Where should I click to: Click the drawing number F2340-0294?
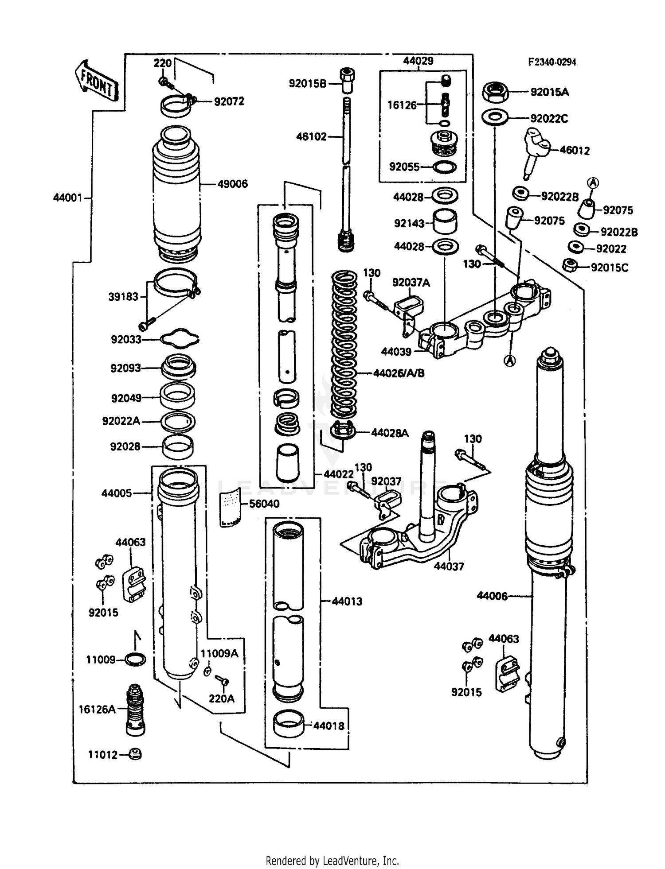click(x=552, y=62)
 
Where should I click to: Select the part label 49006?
click(x=232, y=184)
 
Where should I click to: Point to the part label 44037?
click(x=449, y=566)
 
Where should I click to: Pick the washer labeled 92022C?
click(x=495, y=118)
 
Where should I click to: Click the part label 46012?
click(x=575, y=151)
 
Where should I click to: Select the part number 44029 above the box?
click(x=418, y=61)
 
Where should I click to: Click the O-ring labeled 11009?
click(x=135, y=660)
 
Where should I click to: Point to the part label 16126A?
click(x=97, y=709)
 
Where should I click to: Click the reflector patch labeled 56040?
click(x=230, y=507)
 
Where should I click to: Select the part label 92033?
click(x=126, y=340)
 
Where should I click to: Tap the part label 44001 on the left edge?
click(x=68, y=198)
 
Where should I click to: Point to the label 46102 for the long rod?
click(x=311, y=137)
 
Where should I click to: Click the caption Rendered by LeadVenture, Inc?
click(x=332, y=861)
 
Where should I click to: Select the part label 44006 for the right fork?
click(x=492, y=596)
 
